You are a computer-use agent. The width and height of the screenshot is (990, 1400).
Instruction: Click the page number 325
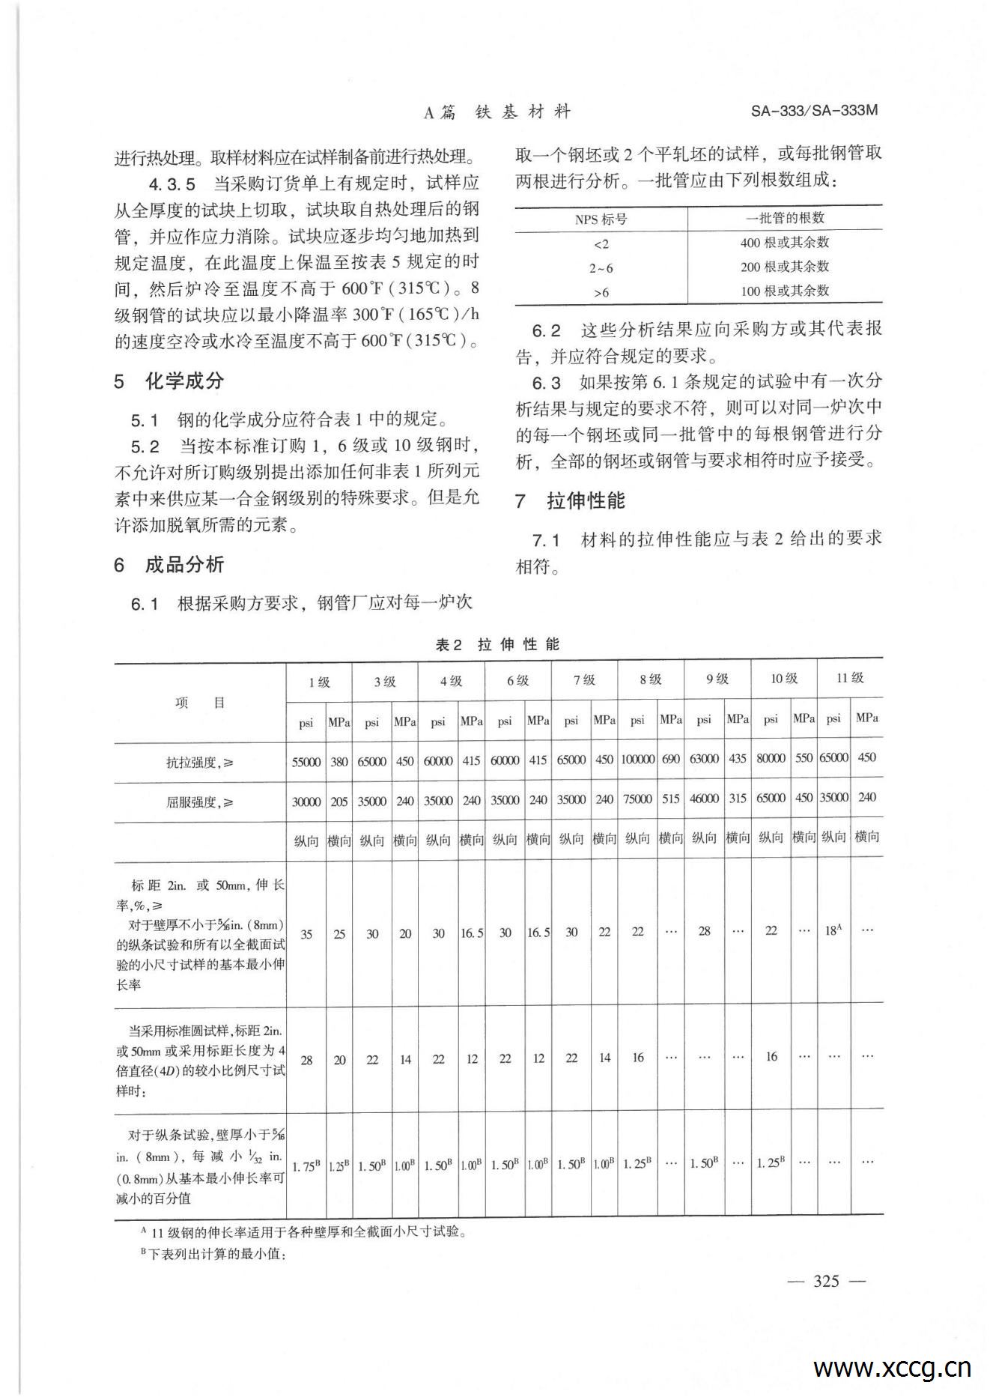point(826,1281)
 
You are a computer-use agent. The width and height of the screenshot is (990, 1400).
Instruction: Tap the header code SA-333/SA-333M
point(813,111)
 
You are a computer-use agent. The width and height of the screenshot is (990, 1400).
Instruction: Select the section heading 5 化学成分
point(169,381)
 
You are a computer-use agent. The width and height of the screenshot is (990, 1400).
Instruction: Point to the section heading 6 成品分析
point(169,565)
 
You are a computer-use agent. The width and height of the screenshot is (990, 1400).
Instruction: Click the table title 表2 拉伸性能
point(497,644)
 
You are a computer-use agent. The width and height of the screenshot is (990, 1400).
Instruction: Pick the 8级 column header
point(650,679)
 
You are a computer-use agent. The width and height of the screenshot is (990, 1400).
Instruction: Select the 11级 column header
point(850,678)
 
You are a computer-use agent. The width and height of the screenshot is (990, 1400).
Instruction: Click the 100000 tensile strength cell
point(637,759)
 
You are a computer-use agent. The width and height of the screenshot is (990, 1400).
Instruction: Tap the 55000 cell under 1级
point(306,762)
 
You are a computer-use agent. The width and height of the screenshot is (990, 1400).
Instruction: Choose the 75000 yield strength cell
point(637,799)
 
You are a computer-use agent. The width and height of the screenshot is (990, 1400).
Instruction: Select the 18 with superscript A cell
point(833,930)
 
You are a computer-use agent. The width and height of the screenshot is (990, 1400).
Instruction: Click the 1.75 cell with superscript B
point(306,1166)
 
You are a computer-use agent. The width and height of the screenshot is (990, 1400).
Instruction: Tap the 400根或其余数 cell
point(785,243)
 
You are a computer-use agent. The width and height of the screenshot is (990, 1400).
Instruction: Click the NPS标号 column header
point(601,219)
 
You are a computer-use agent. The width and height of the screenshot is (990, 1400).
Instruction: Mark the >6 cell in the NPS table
point(601,292)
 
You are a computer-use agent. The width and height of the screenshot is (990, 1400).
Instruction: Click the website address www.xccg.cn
point(892,1368)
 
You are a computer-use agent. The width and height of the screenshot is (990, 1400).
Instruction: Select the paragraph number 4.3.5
point(171,184)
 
